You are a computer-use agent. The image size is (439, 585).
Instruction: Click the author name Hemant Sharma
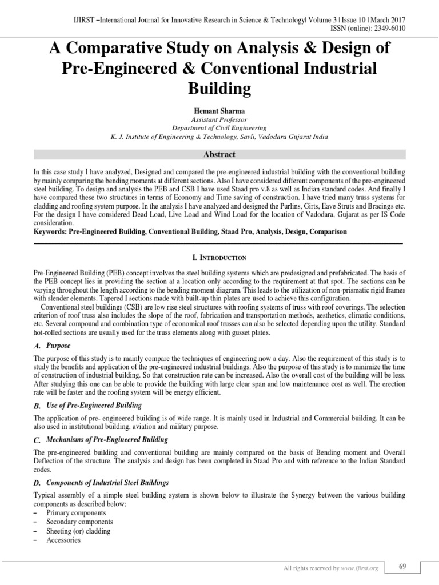coord(219,110)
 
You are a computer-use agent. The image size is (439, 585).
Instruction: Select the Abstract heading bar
coord(219,154)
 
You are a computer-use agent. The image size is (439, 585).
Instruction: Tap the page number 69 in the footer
coord(402,566)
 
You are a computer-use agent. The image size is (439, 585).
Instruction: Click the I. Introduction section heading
coord(219,258)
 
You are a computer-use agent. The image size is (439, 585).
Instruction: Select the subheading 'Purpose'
coord(58,346)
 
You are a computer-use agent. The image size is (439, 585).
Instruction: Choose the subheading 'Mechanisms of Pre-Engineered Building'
coord(107,439)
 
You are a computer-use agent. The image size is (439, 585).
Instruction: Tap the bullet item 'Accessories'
coord(63,540)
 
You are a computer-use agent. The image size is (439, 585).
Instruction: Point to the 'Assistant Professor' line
coord(219,119)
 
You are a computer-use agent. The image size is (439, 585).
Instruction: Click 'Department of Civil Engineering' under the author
coord(219,128)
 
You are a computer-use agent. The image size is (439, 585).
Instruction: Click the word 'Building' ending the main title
coord(219,89)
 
